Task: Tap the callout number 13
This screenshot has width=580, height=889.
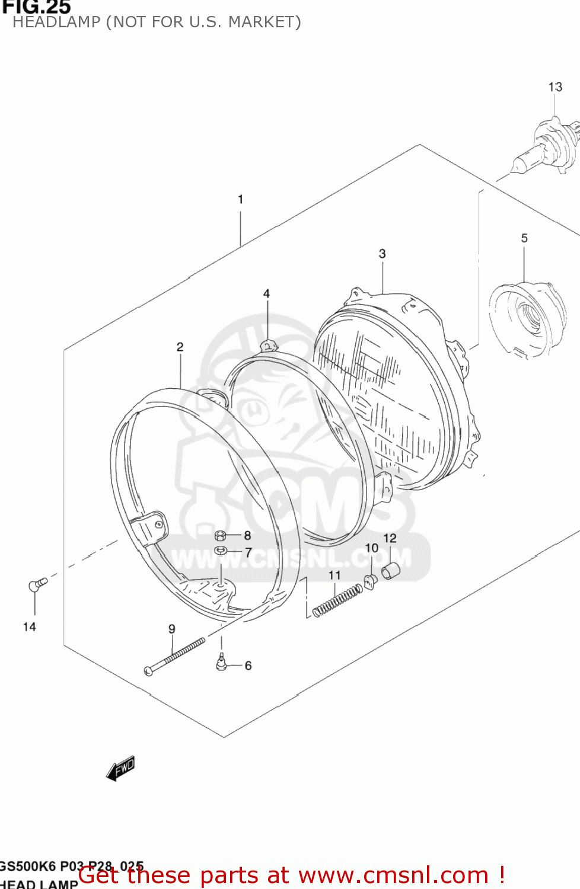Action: coord(555,87)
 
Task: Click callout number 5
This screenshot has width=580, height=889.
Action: coord(524,238)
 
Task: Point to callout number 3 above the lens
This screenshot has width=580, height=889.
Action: coord(383,254)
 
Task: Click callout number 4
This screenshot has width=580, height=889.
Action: coord(267,293)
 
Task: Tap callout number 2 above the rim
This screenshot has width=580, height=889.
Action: coord(180,347)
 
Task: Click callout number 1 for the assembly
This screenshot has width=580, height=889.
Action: coord(240,199)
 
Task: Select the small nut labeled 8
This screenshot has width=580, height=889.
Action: coord(220,536)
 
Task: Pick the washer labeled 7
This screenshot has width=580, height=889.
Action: coord(221,551)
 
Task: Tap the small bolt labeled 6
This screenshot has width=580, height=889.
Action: coord(221,663)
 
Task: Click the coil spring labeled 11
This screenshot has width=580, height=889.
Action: coord(337,600)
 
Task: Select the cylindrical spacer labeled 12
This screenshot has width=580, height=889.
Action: coord(391,571)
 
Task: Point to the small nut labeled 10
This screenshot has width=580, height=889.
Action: coord(371,582)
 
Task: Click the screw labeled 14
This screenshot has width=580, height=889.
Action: coord(37,585)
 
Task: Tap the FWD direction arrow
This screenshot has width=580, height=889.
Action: coord(121,768)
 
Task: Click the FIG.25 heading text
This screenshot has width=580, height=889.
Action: coord(36,7)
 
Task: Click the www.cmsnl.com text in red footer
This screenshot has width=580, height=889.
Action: coord(393,875)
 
